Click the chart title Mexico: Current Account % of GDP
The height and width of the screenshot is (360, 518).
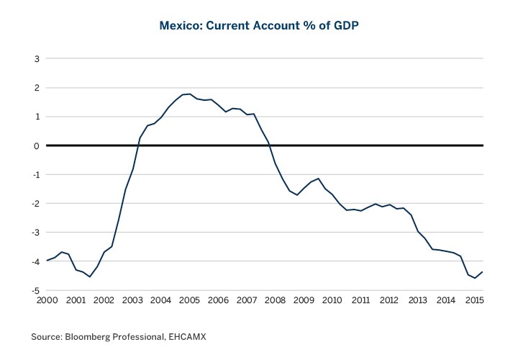point(259,27)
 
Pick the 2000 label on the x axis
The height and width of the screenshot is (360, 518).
point(47,300)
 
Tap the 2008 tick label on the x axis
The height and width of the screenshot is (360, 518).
point(274,300)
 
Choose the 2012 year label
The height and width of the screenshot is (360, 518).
point(388,300)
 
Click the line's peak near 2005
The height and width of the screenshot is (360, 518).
point(188,94)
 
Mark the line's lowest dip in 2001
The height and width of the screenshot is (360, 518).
point(90,276)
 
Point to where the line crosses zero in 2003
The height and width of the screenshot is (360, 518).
point(138,145)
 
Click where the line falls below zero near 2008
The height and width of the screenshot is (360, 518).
point(270,145)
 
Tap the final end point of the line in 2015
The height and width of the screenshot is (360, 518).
point(483,271)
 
